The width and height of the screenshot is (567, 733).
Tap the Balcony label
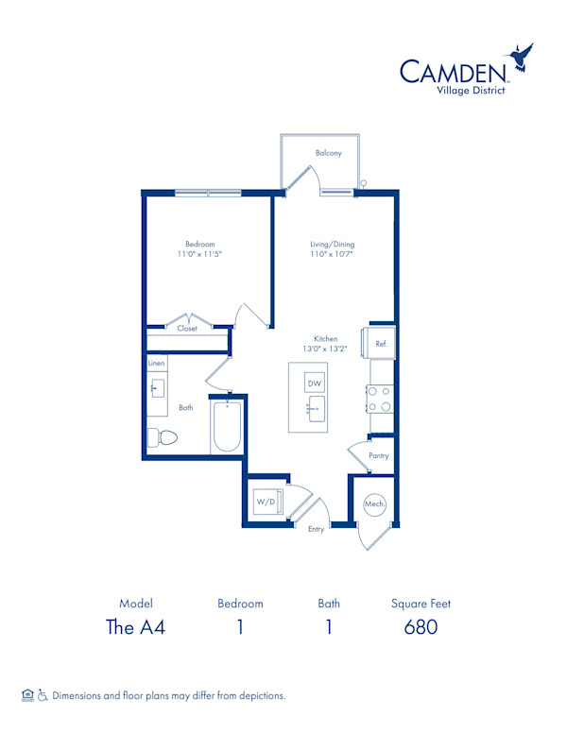[328, 153]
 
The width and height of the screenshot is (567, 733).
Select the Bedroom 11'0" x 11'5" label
[199, 249]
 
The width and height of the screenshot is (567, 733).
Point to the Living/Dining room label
[332, 249]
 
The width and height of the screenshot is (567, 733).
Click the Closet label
[187, 329]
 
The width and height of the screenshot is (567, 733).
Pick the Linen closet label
[157, 364]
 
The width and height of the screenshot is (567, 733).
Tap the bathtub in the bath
[227, 427]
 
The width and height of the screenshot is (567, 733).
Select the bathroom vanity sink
[157, 388]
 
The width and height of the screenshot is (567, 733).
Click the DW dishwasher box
[315, 384]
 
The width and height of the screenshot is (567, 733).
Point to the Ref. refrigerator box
[381, 344]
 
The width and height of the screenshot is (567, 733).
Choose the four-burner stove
[382, 400]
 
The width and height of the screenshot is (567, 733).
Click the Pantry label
[378, 456]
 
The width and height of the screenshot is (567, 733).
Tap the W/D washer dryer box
[266, 502]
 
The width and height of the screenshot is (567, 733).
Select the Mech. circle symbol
[374, 505]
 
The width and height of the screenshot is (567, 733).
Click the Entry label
[316, 529]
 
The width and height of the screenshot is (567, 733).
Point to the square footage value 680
[421, 627]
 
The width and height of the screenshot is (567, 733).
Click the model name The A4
[135, 627]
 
